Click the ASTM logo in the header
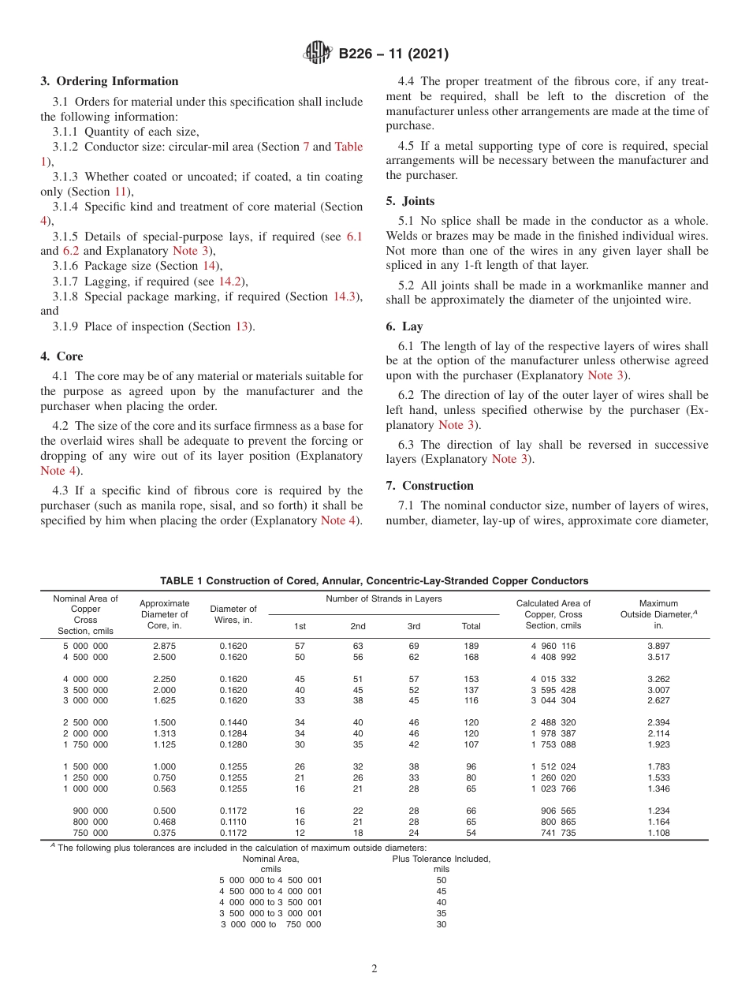point(319,54)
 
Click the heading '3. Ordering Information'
point(110,81)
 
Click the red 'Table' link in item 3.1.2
point(349,147)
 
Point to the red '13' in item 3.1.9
point(242,326)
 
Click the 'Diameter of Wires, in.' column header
point(233,614)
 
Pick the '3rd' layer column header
point(414,626)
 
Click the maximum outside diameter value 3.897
point(658,646)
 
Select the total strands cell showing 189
point(471,646)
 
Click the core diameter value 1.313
point(164,733)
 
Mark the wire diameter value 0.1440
point(233,722)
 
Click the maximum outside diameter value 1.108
point(658,833)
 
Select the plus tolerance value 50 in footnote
point(442,880)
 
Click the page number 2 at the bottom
point(374,969)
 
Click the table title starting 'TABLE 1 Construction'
point(374,581)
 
